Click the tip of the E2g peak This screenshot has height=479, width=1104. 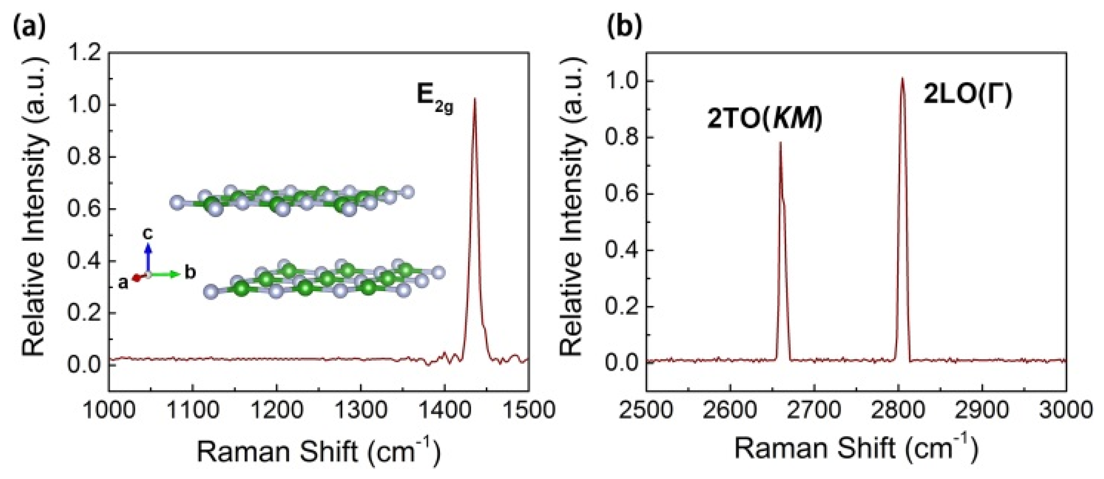point(474,99)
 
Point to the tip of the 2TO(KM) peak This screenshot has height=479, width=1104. point(780,143)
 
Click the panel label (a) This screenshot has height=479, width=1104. point(29,27)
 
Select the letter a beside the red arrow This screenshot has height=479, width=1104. point(123,283)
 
